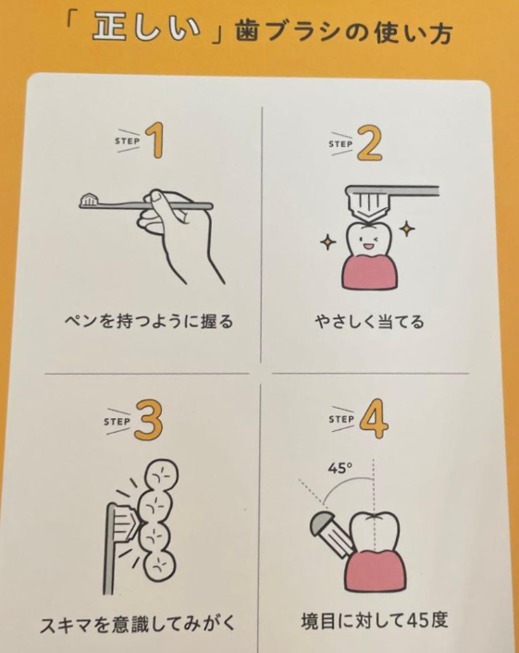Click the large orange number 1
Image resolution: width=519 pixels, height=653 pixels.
(x=155, y=142)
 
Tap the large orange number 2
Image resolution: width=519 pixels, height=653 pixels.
(x=368, y=143)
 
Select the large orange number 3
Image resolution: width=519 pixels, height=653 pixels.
(x=148, y=421)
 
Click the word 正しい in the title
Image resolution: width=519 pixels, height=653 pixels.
(x=147, y=30)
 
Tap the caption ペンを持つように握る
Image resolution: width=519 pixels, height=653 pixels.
(x=149, y=322)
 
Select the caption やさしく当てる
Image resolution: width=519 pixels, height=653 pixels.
(x=369, y=322)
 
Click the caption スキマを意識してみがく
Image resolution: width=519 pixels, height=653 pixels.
(x=138, y=624)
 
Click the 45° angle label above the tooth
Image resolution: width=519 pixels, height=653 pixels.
(x=340, y=469)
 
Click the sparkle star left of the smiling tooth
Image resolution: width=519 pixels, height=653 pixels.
(x=327, y=242)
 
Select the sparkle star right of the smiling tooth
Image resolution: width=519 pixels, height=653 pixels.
(x=407, y=228)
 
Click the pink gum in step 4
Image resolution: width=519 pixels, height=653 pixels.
(x=376, y=571)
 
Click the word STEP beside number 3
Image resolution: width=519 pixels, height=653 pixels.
(x=117, y=422)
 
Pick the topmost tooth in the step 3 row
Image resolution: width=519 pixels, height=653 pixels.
(x=162, y=475)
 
